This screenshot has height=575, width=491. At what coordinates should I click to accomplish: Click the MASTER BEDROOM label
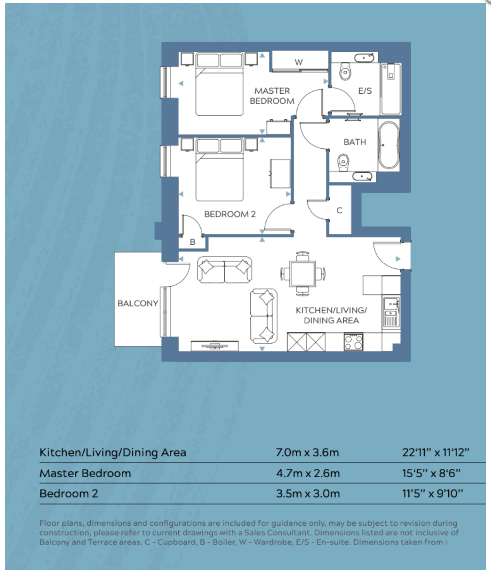pyautogui.click(x=272, y=96)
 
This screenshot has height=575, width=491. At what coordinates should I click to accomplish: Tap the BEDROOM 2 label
pyautogui.click(x=230, y=214)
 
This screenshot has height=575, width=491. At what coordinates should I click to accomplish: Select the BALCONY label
pyautogui.click(x=138, y=303)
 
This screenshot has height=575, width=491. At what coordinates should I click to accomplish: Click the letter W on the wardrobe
pyautogui.click(x=299, y=62)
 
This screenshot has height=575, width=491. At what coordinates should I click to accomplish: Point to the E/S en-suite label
pyautogui.click(x=365, y=91)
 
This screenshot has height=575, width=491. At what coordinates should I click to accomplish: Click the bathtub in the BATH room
pyautogui.click(x=389, y=145)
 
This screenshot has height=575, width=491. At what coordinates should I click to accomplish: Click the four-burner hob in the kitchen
pyautogui.click(x=353, y=342)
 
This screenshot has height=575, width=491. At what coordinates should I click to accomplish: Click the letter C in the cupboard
pyautogui.click(x=339, y=211)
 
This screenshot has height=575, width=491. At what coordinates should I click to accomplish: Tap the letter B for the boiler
pyautogui.click(x=193, y=242)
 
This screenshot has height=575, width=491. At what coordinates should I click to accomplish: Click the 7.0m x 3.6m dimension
pyautogui.click(x=307, y=452)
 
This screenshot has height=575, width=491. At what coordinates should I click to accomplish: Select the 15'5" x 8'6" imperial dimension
pyautogui.click(x=431, y=473)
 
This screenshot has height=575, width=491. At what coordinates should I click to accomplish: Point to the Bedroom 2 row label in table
pyautogui.click(x=69, y=494)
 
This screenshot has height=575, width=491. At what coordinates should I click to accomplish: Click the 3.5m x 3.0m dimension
pyautogui.click(x=308, y=494)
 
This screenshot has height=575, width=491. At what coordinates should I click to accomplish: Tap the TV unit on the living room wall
pyautogui.click(x=215, y=346)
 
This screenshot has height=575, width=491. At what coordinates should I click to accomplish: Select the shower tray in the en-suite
pyautogui.click(x=391, y=89)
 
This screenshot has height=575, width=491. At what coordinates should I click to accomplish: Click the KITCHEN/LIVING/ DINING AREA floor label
pyautogui.click(x=331, y=315)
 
